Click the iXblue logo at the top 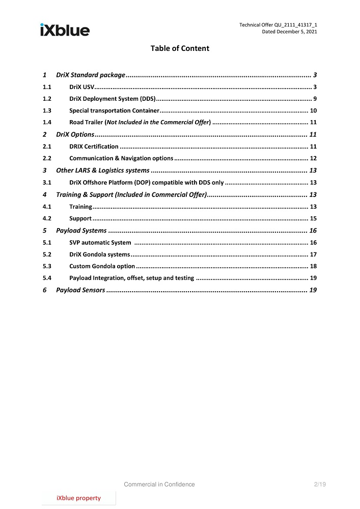[x=65, y=30]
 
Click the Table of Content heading [x=180, y=48]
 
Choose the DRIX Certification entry [x=94, y=147]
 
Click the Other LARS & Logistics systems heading [x=102, y=171]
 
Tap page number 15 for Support [x=313, y=218]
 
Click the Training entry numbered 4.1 [x=80, y=207]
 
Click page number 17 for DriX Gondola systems [x=313, y=254]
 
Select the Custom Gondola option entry [x=102, y=266]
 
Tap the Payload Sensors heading [x=80, y=290]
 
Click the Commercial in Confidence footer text [x=159, y=485]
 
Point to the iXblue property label [x=78, y=498]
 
